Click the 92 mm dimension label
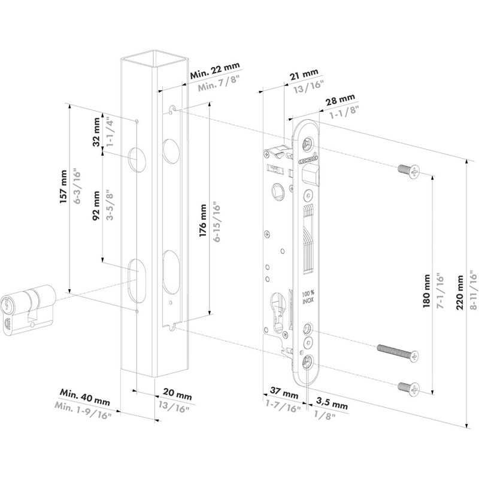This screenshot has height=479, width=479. [x=96, y=207]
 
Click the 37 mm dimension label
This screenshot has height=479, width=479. [x=281, y=395]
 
